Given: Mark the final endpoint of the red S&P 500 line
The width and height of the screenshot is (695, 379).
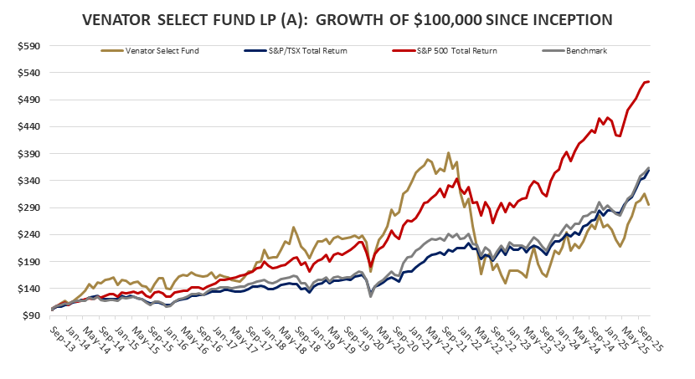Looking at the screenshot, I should pos(649,81).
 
